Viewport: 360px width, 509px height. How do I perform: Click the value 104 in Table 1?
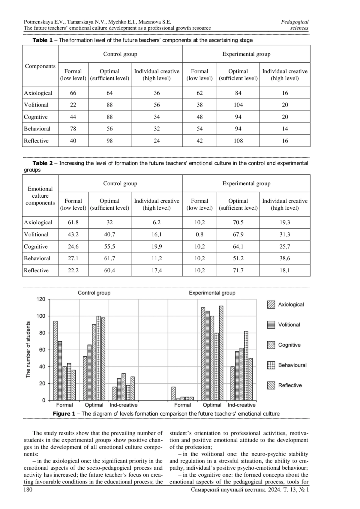(238, 105)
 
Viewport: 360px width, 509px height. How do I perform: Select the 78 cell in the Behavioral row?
(73, 129)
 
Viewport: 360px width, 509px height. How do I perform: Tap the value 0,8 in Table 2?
(199, 235)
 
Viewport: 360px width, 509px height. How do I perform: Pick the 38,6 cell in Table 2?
(285, 258)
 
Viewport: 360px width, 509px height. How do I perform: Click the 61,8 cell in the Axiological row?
(73, 223)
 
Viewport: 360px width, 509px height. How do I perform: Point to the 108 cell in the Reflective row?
(238, 141)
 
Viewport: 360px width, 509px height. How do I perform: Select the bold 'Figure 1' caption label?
(64, 414)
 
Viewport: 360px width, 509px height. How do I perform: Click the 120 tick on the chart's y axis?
(41, 299)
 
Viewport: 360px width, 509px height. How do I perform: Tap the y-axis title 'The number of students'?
(28, 349)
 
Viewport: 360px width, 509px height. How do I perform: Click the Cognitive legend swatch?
(271, 345)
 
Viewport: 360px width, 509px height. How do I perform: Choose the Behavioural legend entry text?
(292, 365)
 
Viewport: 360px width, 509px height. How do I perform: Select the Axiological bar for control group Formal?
(55, 361)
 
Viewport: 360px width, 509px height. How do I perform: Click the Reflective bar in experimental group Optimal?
(221, 353)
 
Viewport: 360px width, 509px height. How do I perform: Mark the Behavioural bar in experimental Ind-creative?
(246, 366)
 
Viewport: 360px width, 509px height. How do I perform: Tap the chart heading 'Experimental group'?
(212, 293)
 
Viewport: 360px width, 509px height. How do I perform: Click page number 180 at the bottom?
(28, 490)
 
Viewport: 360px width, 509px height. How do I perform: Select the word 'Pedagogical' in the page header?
(295, 22)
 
